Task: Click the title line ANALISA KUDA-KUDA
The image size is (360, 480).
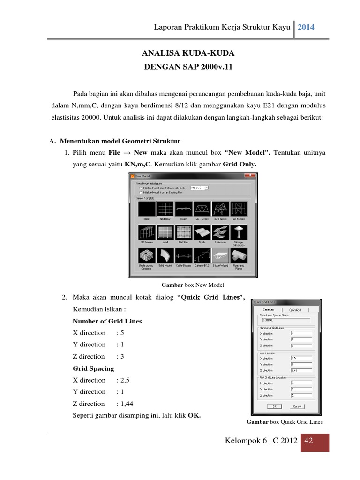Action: tap(187, 53)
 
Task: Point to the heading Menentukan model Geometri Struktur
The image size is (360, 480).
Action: tap(118, 141)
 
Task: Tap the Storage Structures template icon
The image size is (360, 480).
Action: tap(239, 232)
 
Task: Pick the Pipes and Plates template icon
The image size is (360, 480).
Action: tap(239, 256)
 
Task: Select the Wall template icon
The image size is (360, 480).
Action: tap(165, 232)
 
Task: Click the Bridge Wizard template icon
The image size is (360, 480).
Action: tap(220, 256)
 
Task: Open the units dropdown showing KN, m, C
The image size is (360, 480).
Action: tap(200, 187)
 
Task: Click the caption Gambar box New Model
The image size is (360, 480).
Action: tap(193, 285)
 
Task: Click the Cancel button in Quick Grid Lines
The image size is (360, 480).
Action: tap(297, 406)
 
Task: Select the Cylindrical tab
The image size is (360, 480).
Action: tap(295, 310)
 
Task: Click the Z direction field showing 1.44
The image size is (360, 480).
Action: tap(300, 370)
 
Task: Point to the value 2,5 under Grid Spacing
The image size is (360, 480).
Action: tap(122, 380)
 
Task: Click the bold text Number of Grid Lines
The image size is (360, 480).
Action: tap(107, 321)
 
